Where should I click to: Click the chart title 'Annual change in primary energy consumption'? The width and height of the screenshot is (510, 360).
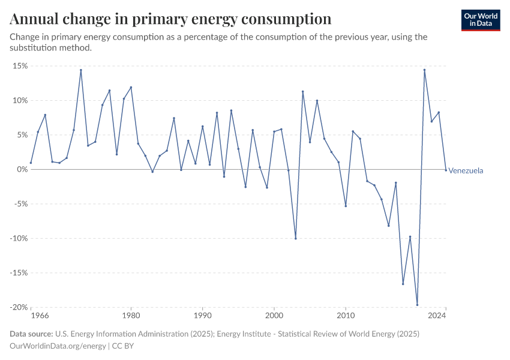[171, 19]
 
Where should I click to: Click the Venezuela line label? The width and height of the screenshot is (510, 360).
[466, 171]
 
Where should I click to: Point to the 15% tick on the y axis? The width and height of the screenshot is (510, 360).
[20, 66]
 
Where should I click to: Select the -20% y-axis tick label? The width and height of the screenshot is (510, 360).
[19, 307]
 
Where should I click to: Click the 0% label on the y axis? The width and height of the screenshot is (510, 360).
[22, 169]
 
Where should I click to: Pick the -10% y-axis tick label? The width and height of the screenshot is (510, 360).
[19, 238]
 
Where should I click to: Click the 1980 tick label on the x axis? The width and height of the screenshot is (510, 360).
[131, 315]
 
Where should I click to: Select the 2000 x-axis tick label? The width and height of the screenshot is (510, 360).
[274, 315]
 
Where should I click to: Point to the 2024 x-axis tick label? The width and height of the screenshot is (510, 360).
[445, 315]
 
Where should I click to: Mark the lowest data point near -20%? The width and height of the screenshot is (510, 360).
[417, 305]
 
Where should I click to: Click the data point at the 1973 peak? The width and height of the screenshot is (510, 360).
[81, 70]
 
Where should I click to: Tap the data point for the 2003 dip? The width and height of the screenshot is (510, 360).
[296, 238]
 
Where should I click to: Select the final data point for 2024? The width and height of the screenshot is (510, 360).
[446, 170]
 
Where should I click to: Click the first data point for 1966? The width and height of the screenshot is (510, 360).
[31, 163]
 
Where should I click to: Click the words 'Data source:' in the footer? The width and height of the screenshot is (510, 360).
[31, 334]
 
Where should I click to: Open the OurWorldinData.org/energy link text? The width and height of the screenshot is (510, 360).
[58, 346]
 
